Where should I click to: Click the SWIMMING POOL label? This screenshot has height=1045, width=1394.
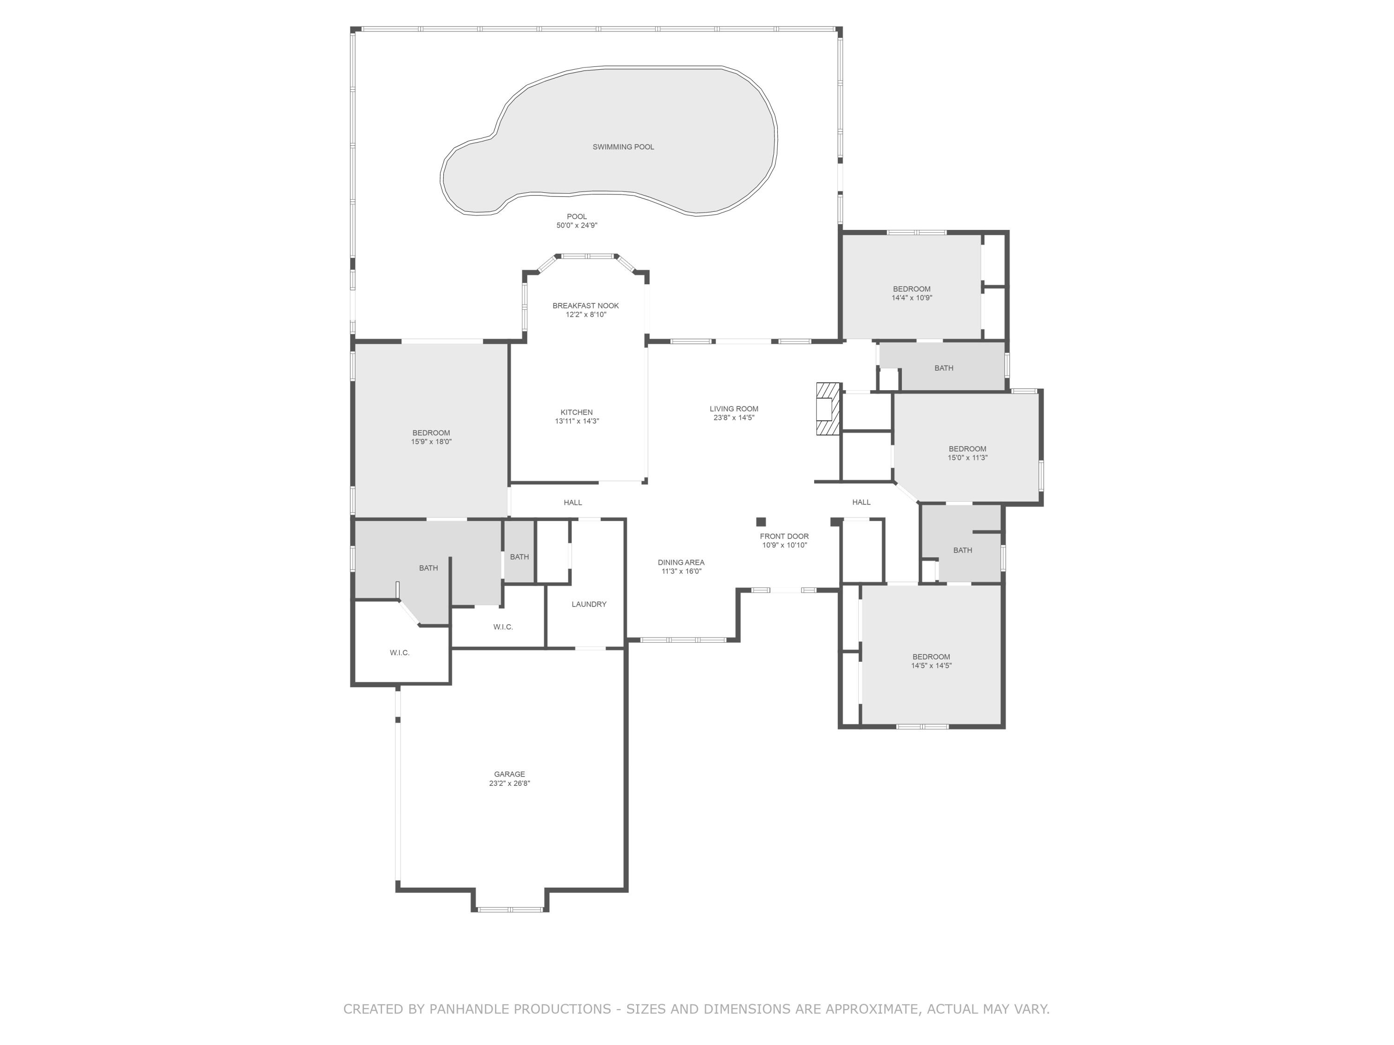coord(623,147)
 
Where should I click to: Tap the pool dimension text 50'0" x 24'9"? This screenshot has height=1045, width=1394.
coord(576,226)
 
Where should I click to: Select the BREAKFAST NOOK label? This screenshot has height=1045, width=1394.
coord(585,306)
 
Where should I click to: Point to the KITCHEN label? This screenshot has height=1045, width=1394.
coord(576,412)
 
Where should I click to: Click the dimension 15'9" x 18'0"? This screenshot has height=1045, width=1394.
coord(431,442)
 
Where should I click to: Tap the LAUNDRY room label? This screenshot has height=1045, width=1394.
coord(589,604)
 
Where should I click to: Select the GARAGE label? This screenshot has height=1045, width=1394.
coord(509,774)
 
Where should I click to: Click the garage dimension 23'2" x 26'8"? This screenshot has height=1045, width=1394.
coord(509,784)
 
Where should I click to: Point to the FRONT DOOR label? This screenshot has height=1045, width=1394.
coord(784,536)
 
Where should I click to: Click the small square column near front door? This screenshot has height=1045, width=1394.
coord(761,522)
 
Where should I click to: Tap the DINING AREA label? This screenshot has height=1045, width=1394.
coord(681,562)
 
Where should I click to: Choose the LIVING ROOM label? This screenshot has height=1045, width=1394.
coord(734,409)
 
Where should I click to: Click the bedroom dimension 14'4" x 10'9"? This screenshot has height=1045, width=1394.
coord(911,298)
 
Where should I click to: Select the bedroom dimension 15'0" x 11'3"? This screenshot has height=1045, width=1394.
coord(967,458)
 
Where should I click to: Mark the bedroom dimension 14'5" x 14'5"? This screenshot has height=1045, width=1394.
coord(931,665)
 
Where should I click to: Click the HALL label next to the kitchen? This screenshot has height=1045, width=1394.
coord(572,502)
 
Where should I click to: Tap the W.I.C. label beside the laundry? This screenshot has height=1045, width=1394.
coord(503,627)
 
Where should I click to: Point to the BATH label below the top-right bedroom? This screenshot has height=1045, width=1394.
coord(943,368)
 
